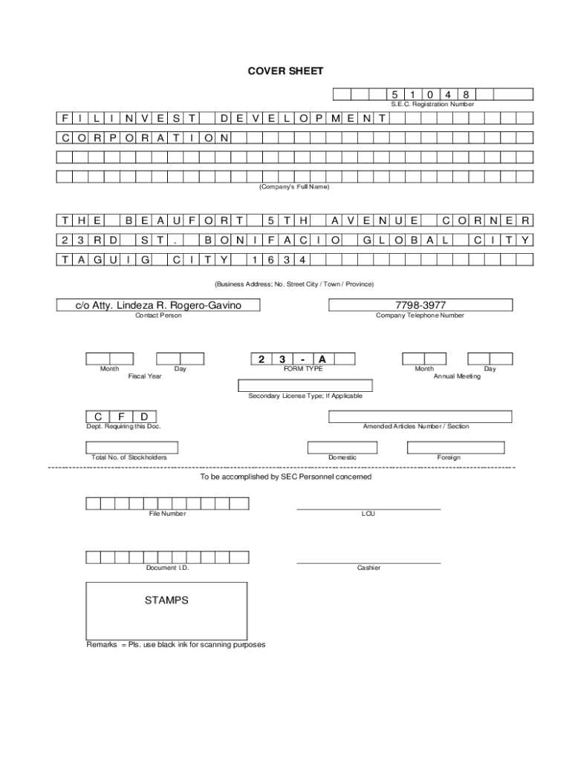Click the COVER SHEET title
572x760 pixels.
(285, 71)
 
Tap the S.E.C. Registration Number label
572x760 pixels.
(432, 105)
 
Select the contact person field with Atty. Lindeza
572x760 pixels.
(157, 305)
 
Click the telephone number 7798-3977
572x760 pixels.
(421, 305)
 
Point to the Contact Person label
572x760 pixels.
(157, 315)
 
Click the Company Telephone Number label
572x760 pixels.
(420, 315)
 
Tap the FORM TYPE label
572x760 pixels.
(303, 369)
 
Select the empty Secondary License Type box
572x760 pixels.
(305, 385)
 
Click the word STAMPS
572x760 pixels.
(166, 600)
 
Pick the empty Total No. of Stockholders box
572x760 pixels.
(131, 447)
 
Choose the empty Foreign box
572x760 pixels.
(455, 447)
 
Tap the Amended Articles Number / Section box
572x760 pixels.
(420, 416)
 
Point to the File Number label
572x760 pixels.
(167, 514)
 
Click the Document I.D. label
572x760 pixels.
(167, 568)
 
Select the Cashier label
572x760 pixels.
(368, 568)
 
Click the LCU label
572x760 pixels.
(368, 514)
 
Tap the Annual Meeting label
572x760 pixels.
(457, 376)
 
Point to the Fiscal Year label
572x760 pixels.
(145, 376)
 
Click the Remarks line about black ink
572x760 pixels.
(176, 644)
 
